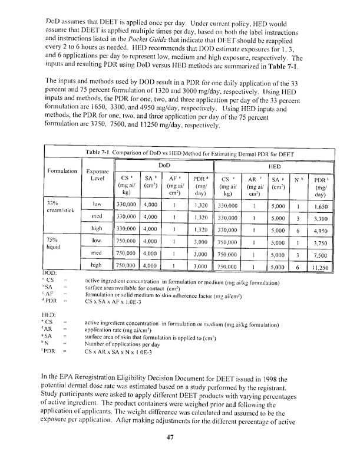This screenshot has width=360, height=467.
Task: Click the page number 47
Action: coord(171,436)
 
